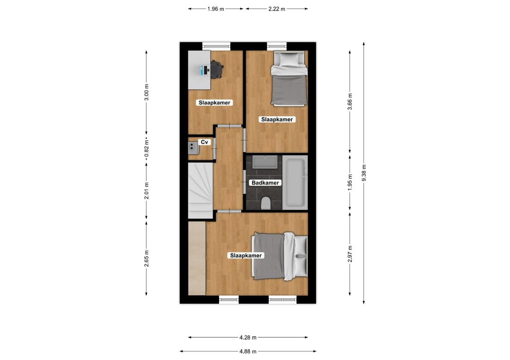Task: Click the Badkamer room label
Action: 265,183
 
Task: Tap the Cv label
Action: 204,142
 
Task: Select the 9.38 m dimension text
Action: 364,173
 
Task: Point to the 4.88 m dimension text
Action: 248,351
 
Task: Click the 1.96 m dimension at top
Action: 216,9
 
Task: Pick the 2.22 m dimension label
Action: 276,9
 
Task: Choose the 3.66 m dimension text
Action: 350,102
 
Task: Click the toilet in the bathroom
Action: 266,203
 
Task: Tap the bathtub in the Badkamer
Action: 295,183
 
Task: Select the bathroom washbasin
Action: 265,162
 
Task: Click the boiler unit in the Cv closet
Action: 193,148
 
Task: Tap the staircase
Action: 200,191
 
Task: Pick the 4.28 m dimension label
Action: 248,337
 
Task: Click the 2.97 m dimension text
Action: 350,254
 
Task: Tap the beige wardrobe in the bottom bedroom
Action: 197,258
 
